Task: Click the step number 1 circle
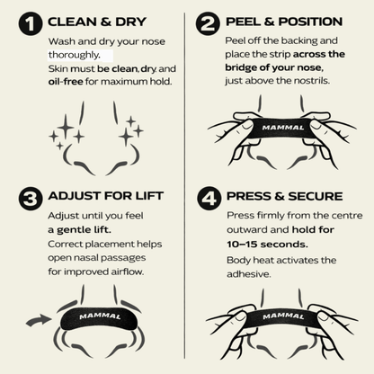(x=31, y=24)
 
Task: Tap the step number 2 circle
(x=208, y=23)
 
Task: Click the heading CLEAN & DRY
(x=97, y=22)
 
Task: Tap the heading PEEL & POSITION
(x=284, y=22)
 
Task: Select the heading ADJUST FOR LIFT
(x=105, y=196)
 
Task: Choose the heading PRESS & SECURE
(x=285, y=196)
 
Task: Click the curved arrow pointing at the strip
(x=39, y=320)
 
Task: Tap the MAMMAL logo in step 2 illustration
(x=283, y=128)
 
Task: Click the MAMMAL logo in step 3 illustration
(x=100, y=316)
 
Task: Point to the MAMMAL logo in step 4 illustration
(x=283, y=316)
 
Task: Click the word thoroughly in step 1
(x=75, y=55)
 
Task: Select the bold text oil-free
(x=66, y=82)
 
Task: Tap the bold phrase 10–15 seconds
(x=267, y=245)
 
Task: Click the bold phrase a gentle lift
(x=79, y=230)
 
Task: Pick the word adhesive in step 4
(x=249, y=274)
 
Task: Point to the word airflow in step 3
(x=128, y=272)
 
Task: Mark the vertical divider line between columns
(x=184, y=185)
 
